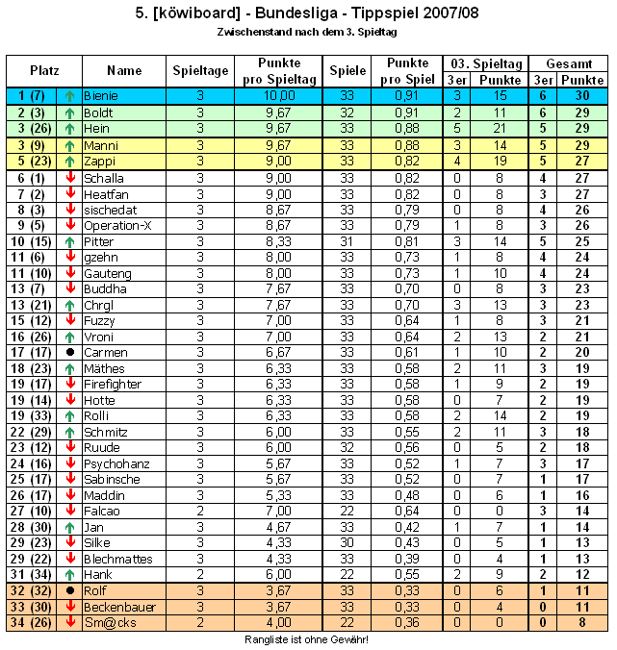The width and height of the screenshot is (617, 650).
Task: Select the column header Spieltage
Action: pyautogui.click(x=200, y=70)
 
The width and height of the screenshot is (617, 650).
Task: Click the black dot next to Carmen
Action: pyautogui.click(x=69, y=353)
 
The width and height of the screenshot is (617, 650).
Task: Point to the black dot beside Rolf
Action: pyautogui.click(x=69, y=590)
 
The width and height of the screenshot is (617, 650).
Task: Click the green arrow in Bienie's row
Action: pyautogui.click(x=69, y=96)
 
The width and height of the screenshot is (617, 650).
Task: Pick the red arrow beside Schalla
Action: pyautogui.click(x=69, y=178)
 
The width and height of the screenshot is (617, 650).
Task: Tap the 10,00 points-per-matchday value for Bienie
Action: pyautogui.click(x=280, y=96)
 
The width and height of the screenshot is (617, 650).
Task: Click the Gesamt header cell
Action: pyautogui.click(x=569, y=62)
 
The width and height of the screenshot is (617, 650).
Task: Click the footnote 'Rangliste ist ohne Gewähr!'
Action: pyautogui.click(x=307, y=638)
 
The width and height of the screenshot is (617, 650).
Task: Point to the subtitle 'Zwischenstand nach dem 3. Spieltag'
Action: pyautogui.click(x=307, y=31)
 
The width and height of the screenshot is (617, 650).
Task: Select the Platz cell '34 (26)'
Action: pyautogui.click(x=31, y=622)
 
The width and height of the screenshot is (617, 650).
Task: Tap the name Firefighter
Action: pyautogui.click(x=113, y=384)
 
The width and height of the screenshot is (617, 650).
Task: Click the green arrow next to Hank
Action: pyautogui.click(x=69, y=574)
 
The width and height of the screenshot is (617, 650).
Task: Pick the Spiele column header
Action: pyautogui.click(x=347, y=70)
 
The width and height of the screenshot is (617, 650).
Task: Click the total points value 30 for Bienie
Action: pyautogui.click(x=583, y=96)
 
